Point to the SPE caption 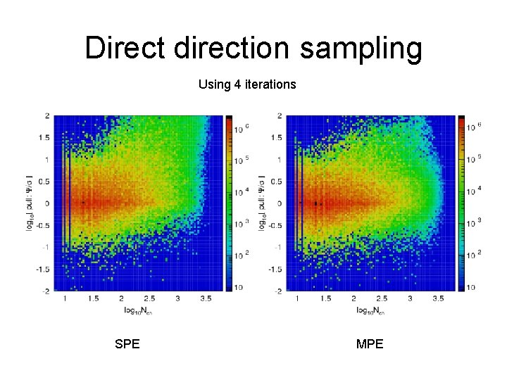(x=127, y=344)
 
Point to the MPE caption (x=370, y=344)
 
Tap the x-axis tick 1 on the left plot (x=65, y=299)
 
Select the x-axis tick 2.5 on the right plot (x=382, y=299)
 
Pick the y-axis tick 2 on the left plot (x=46, y=116)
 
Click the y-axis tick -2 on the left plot (x=45, y=291)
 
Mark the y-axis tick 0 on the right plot (x=279, y=203)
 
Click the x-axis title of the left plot (x=139, y=310)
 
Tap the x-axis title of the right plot (x=372, y=310)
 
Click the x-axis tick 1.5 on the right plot (x=325, y=299)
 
